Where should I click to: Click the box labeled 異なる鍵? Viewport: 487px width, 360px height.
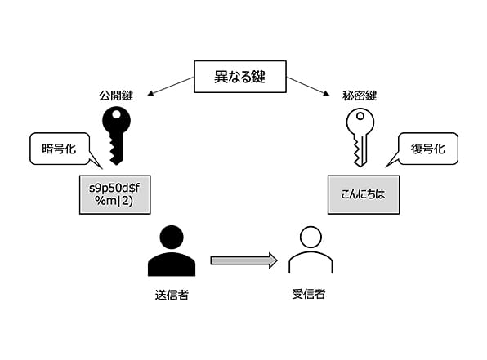click(240, 77)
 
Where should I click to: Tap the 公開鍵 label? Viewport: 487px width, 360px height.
click(116, 96)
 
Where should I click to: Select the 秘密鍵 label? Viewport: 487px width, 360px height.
click(360, 96)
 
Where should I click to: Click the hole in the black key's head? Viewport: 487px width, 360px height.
click(117, 115)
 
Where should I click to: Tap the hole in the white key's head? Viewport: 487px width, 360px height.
click(360, 117)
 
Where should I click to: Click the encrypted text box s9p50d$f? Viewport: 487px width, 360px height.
click(115, 194)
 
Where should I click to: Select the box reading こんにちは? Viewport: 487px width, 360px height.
click(364, 194)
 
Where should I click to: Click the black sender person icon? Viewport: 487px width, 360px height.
click(172, 251)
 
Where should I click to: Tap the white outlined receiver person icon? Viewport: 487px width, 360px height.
click(311, 250)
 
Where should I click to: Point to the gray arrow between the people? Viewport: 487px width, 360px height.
click(243, 260)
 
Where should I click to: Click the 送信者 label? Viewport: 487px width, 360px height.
click(172, 294)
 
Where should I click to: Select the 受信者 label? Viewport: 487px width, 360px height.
click(308, 294)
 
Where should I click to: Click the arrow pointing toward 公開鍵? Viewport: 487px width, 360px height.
click(171, 86)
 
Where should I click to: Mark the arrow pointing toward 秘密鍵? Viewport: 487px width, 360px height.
click(308, 86)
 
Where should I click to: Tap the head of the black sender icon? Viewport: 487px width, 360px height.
click(172, 237)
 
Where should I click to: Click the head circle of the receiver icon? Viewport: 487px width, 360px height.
click(311, 237)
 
